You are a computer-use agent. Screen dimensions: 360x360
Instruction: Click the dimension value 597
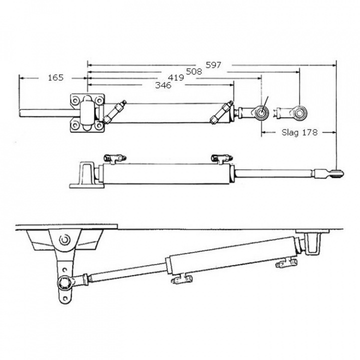tap(213, 64)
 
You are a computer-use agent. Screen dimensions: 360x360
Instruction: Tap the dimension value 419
tap(175, 78)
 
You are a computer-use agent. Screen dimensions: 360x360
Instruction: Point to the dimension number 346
tap(163, 85)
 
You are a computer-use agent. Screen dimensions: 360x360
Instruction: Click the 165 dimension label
tap(55, 77)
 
